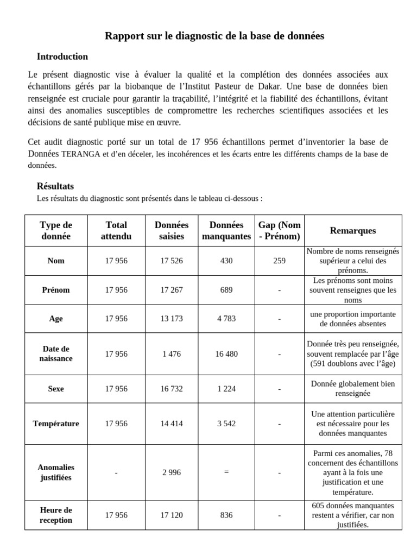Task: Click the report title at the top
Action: (x=214, y=36)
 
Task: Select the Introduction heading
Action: (x=62, y=56)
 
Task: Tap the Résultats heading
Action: (x=55, y=186)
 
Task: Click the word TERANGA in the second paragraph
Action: (x=81, y=154)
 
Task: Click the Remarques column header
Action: (x=352, y=231)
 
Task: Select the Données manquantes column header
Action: (x=226, y=231)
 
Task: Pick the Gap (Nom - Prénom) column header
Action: (x=279, y=231)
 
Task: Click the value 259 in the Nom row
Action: (x=279, y=261)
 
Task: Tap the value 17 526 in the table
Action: (x=172, y=261)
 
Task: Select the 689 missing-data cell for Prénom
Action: (x=226, y=290)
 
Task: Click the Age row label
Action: (x=56, y=319)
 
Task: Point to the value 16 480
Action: (x=226, y=353)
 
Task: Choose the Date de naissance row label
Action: (x=56, y=353)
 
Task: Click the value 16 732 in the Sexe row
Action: (x=172, y=389)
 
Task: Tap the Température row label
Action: (x=56, y=424)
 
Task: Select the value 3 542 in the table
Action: (x=226, y=424)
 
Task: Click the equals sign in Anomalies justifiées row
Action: (x=226, y=472)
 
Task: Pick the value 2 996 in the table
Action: (x=172, y=472)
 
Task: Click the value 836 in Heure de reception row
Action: (x=226, y=515)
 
